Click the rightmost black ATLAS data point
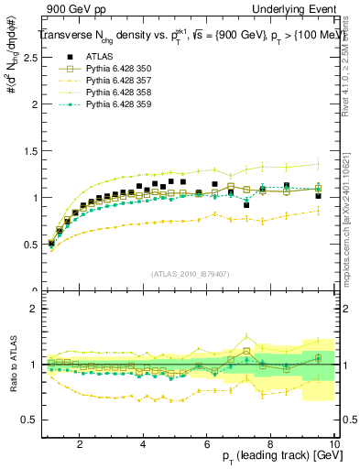click(x=318, y=196)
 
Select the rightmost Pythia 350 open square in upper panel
click(x=318, y=189)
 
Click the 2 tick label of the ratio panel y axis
click(x=31, y=309)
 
